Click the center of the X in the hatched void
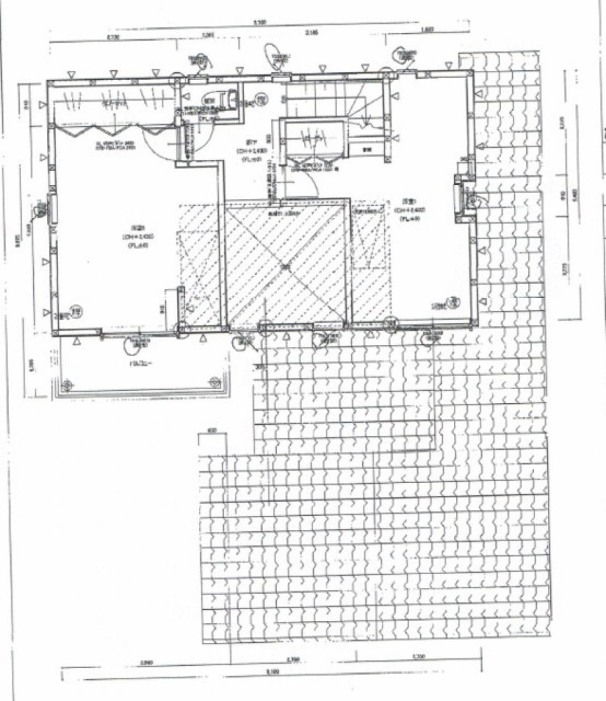[x=284, y=266]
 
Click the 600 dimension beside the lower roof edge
[x=212, y=430]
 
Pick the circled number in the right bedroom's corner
[x=454, y=301]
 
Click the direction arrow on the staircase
[x=364, y=112]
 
